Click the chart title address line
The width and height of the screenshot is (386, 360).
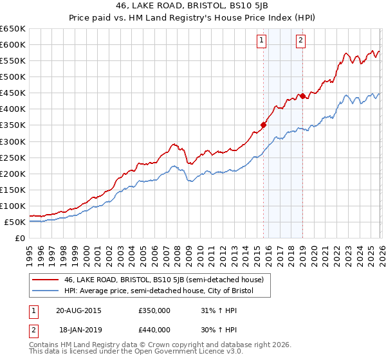point(193,7)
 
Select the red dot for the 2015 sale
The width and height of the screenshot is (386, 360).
point(263,125)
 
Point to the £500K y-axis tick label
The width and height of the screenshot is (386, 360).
point(13,76)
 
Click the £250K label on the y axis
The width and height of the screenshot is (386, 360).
point(13,157)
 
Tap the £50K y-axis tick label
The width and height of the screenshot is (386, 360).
point(15,222)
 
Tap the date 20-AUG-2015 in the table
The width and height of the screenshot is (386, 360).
point(78,310)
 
